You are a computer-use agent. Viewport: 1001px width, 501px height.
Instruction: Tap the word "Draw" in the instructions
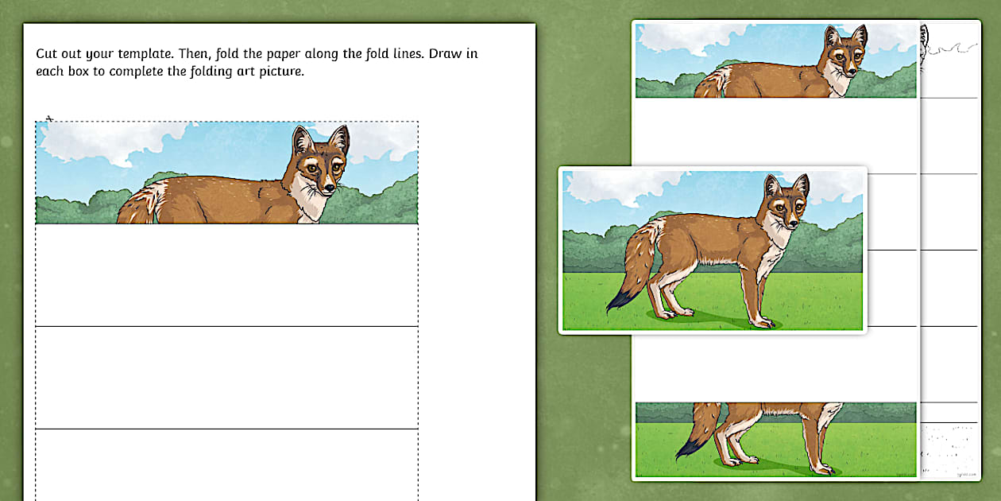(x=449, y=54)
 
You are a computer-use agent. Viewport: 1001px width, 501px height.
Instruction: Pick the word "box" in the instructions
(x=79, y=71)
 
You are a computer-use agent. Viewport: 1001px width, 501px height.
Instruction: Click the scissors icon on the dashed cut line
(x=49, y=118)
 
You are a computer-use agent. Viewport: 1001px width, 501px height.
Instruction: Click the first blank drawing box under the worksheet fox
(x=226, y=275)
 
